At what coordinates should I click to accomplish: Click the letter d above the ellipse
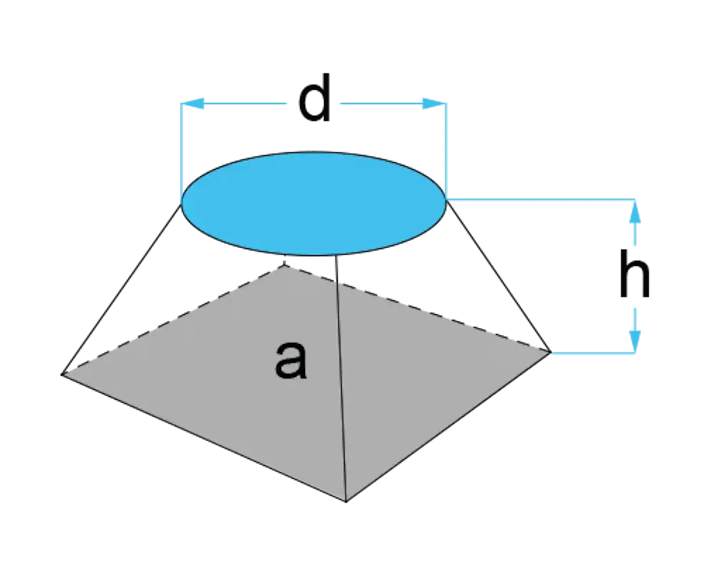pos(314,98)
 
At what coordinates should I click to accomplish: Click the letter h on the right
pos(634,274)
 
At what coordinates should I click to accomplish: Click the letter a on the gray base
pos(291,360)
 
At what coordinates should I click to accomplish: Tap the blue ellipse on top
pos(314,203)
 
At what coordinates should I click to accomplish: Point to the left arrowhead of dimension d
pos(192,104)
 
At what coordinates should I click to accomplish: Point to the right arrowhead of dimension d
pos(434,104)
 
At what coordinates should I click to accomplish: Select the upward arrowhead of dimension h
pos(635,211)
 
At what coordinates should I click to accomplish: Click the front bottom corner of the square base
pos(346,501)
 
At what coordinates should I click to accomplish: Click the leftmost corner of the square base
pos(62,374)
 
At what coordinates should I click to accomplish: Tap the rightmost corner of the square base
pos(550,351)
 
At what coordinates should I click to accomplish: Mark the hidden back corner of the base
pos(284,265)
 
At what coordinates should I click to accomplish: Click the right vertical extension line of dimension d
pos(447,151)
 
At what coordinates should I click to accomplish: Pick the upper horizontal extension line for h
pos(540,199)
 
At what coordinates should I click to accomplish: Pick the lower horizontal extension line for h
pos(593,353)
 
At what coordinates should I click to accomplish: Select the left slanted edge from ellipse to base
pos(122,289)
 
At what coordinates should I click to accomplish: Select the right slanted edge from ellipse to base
pos(498,277)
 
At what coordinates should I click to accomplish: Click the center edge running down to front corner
pos(341,378)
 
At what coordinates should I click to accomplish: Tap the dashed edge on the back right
pos(417,309)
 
